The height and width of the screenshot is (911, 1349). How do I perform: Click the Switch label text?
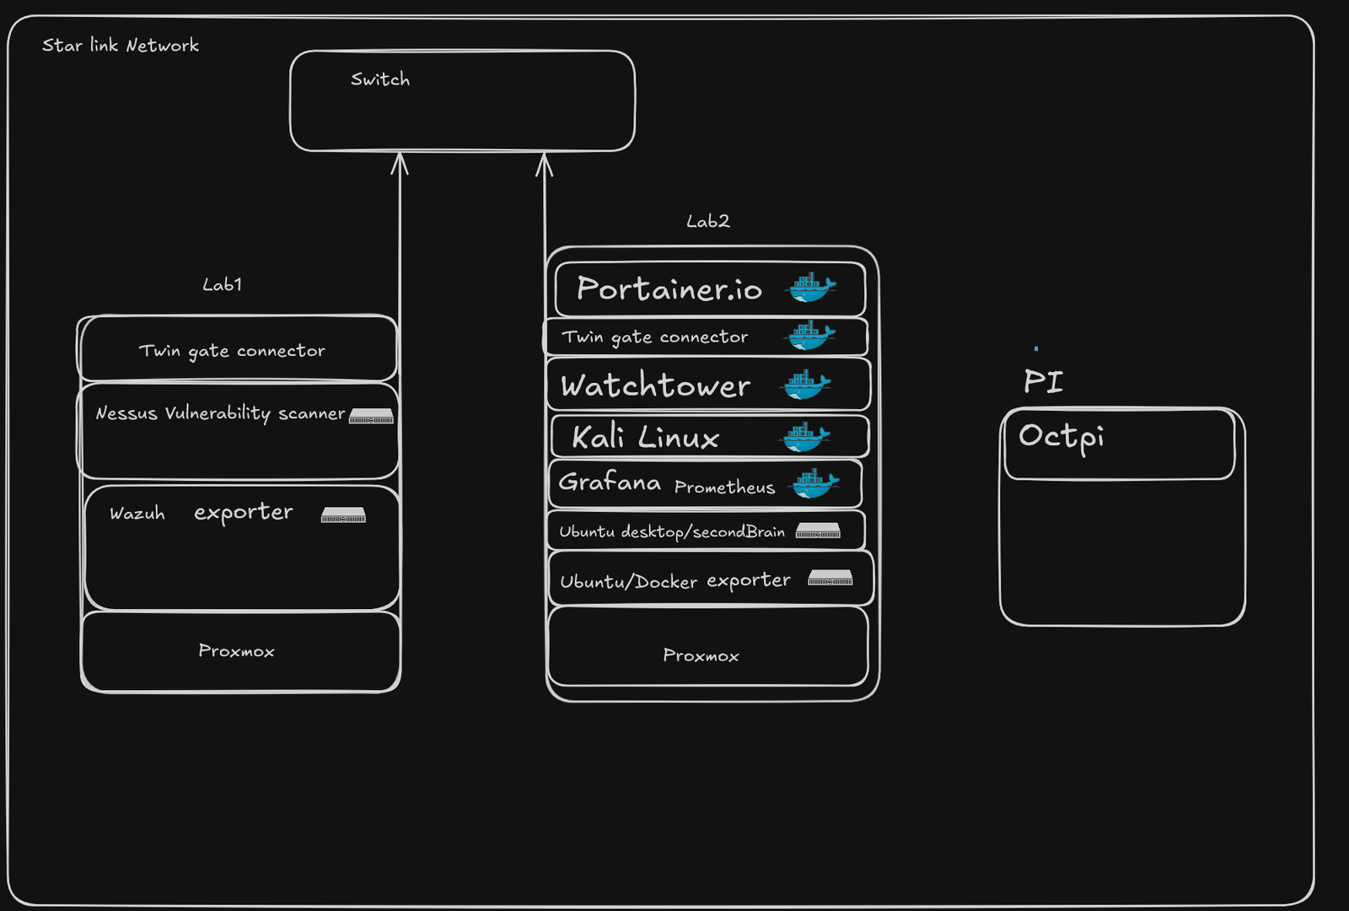(x=380, y=79)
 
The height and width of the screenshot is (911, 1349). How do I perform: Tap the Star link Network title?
(x=121, y=46)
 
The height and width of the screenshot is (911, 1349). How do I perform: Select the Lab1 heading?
(x=223, y=284)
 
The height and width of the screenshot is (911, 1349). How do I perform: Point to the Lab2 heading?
(x=708, y=221)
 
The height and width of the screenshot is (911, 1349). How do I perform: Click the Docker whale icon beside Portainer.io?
(x=810, y=288)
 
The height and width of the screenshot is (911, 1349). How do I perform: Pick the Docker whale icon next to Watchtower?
(x=807, y=385)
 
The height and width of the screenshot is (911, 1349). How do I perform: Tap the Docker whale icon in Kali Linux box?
(x=806, y=436)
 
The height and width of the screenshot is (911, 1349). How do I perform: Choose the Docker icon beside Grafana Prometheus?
(x=814, y=483)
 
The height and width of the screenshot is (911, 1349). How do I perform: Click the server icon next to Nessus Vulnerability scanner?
(x=371, y=416)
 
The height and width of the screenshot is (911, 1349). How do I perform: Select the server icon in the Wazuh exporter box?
(x=343, y=515)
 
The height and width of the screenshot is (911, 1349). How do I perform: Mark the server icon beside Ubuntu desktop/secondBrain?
(x=818, y=531)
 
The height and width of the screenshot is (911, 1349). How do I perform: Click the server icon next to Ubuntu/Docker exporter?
(x=830, y=578)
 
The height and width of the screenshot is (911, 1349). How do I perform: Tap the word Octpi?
(x=1061, y=437)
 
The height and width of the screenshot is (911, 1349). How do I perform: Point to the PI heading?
(x=1043, y=381)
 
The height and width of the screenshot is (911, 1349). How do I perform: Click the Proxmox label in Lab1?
(x=236, y=651)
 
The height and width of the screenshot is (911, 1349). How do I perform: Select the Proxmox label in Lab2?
(x=701, y=655)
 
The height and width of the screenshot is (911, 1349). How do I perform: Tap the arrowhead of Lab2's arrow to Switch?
(x=545, y=163)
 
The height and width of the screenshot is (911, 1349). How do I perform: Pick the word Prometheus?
(x=724, y=488)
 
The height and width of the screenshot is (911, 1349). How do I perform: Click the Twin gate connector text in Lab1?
(x=232, y=351)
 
